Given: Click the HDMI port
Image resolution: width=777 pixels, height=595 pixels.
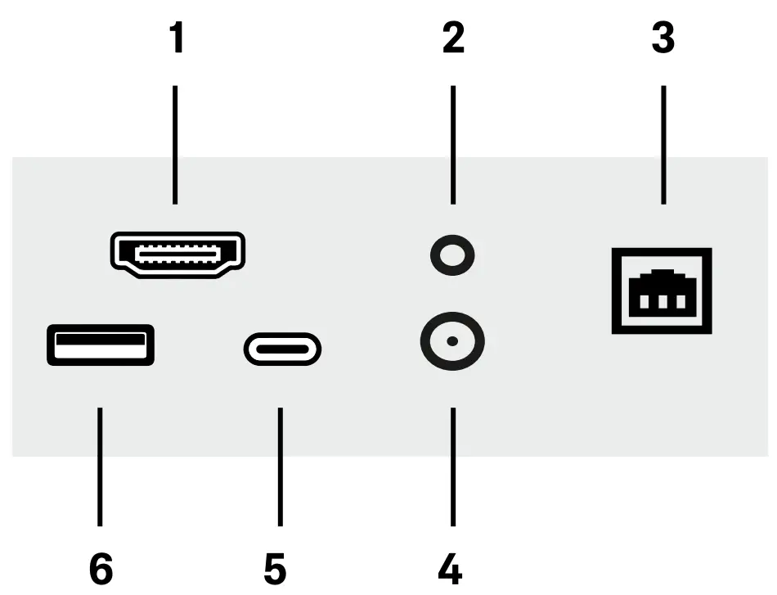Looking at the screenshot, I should click(177, 254).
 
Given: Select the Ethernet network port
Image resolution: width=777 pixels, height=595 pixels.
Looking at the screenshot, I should click(662, 291).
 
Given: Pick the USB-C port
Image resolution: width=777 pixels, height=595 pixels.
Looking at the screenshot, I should click(282, 350).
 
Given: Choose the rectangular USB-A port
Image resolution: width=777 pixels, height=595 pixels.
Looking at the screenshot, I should click(100, 345).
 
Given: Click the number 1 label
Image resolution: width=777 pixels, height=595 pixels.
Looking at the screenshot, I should click(175, 38).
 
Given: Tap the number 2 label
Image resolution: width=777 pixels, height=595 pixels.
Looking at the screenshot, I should click(452, 38).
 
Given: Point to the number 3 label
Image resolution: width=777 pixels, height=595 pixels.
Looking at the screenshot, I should click(662, 38).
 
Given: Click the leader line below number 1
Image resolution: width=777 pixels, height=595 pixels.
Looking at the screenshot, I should click(175, 143).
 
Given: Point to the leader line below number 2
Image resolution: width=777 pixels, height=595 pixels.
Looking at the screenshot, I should click(452, 143).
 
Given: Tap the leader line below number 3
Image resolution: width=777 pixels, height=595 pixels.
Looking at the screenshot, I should click(662, 143).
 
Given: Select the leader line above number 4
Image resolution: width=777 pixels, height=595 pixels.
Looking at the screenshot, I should click(452, 467).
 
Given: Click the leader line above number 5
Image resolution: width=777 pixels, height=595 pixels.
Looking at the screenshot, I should click(280, 467).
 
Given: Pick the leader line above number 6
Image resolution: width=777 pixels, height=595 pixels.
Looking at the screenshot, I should click(100, 467).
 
